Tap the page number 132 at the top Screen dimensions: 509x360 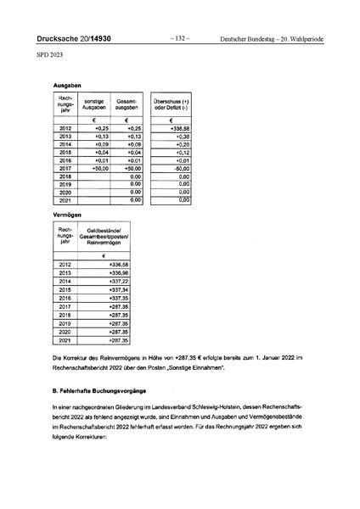pos(180,39)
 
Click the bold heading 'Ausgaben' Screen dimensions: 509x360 pos(67,87)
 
